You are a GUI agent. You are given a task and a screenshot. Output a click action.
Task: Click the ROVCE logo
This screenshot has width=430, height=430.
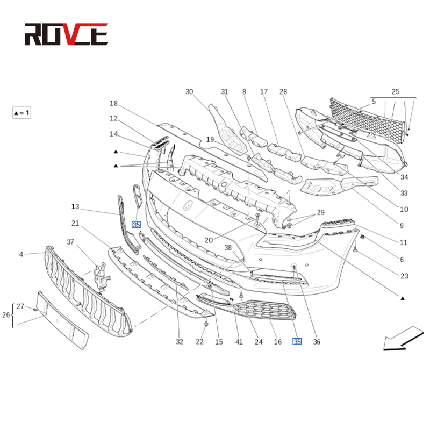pos(66,34)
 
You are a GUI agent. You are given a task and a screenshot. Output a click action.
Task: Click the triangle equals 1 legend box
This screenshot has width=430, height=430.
pos(21,113)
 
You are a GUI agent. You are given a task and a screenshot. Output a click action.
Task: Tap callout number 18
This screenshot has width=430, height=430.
pos(113,103)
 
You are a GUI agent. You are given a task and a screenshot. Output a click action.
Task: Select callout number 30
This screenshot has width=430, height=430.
pos(189,91)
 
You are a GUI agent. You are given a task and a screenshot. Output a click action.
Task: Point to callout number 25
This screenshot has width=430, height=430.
pos(396,91)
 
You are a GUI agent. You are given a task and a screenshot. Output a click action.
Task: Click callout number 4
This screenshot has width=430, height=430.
pos(21,254)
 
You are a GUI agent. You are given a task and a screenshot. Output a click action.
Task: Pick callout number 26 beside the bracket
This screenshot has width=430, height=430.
pos(6,315)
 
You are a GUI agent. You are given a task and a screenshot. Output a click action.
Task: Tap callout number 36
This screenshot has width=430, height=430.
pos(317,342)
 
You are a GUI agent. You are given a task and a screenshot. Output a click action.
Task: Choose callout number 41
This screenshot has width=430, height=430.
pos(239,342)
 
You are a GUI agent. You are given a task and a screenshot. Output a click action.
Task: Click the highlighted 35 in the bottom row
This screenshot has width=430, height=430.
pos(297,341)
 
